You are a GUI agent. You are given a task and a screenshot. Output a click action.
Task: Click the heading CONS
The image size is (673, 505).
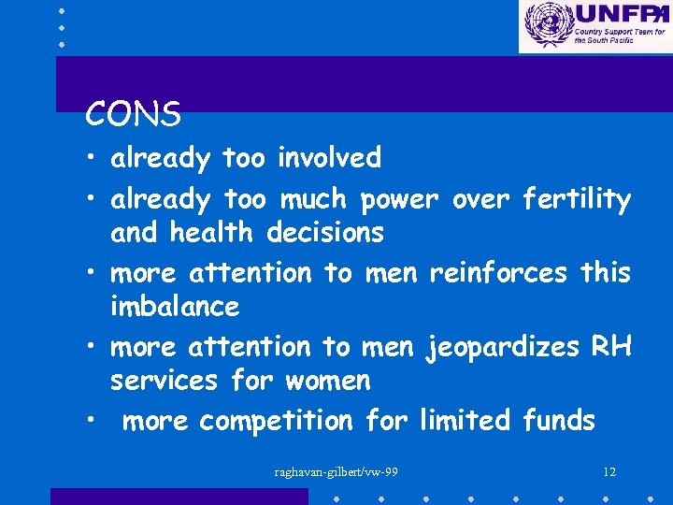point(133,115)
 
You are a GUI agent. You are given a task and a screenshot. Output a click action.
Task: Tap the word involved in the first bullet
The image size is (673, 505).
point(329,158)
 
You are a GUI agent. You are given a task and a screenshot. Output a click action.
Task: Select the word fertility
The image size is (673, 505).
point(577,199)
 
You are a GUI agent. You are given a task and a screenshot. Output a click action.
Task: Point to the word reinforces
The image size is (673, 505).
point(497,273)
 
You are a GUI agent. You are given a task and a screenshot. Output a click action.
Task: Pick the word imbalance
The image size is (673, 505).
point(175,306)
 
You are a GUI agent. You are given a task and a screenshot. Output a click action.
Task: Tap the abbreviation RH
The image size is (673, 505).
point(611,347)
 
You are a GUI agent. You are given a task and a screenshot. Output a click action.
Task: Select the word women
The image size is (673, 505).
point(328,381)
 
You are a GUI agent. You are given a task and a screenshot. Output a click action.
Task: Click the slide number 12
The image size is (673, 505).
point(609,471)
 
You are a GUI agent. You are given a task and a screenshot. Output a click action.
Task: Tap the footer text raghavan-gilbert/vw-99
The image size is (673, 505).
point(336,471)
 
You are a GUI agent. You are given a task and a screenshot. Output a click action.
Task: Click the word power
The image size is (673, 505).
point(399,199)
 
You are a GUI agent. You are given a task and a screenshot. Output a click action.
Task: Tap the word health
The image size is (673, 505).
point(215,232)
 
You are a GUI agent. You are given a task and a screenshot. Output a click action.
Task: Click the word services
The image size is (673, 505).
point(162,381)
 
